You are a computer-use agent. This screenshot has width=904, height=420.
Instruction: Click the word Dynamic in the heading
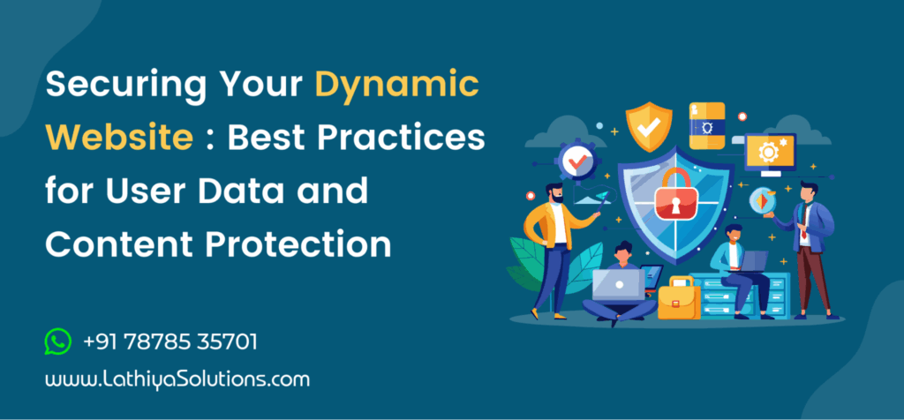coord(397,86)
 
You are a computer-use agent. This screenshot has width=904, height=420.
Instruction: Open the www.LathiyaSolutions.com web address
coord(177,380)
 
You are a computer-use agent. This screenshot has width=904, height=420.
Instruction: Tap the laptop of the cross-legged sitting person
coord(617,284)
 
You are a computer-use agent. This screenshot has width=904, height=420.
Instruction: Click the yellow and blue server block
coord(706,124)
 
